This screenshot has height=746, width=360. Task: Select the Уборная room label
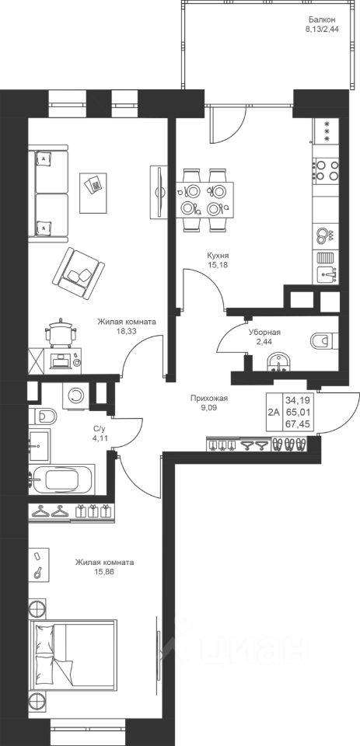[264, 333]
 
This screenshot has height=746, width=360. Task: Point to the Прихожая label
[206, 399]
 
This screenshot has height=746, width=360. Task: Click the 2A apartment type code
[274, 412]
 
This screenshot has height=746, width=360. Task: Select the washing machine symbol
[75, 395]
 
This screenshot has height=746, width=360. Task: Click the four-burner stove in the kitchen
[327, 171]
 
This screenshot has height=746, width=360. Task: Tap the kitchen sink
[327, 273]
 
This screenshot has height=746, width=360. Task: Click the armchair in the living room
[79, 274]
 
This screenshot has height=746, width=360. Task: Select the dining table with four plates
[204, 200]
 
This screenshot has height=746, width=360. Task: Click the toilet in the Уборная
[323, 340]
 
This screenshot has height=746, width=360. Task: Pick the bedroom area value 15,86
[104, 570]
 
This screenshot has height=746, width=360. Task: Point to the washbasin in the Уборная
[278, 362]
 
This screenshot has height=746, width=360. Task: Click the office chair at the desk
[61, 332]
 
